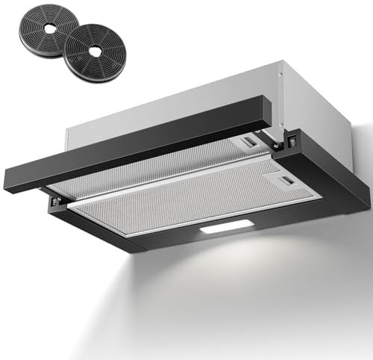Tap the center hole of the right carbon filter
coord(94,53)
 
